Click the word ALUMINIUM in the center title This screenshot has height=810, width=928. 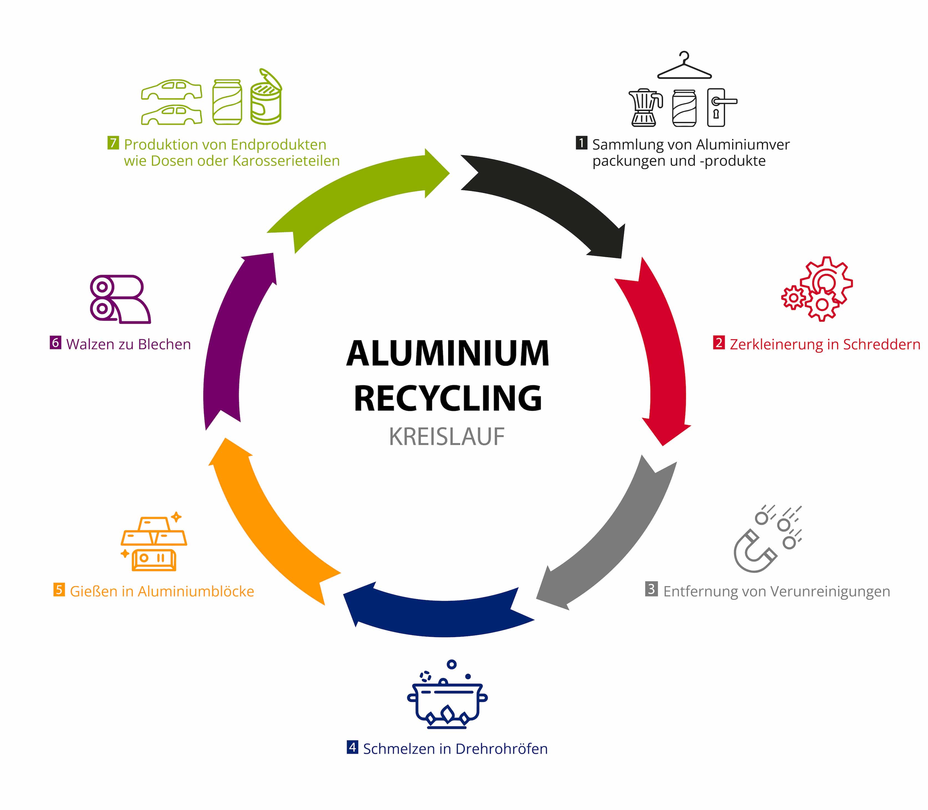[447, 354]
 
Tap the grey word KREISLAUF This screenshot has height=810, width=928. [446, 437]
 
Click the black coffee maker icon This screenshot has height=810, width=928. [645, 108]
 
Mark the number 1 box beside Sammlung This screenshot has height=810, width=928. [581, 143]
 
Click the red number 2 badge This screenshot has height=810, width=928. [718, 343]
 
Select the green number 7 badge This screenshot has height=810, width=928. [113, 143]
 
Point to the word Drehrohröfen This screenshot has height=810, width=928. [501, 749]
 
